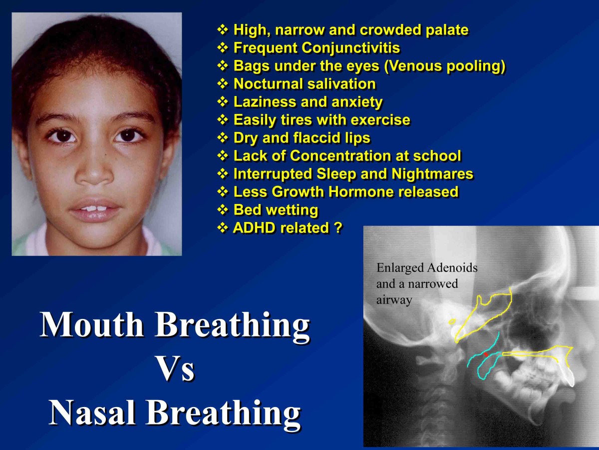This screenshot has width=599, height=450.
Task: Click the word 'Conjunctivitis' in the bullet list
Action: [351, 48]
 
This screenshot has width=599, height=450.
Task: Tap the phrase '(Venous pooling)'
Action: [445, 66]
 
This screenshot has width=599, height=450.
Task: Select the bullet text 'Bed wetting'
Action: [276, 210]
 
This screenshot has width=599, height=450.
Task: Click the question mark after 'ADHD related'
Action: [338, 227]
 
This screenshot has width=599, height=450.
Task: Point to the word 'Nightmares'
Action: [432, 174]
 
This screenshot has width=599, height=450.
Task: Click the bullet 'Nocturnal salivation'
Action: [304, 84]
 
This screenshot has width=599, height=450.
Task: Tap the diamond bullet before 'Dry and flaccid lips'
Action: [223, 137]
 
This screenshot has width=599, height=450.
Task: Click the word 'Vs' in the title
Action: [175, 369]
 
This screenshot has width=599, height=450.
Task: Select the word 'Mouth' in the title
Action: [92, 325]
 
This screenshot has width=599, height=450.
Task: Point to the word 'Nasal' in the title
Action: [92, 412]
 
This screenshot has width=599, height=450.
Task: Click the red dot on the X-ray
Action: [486, 354]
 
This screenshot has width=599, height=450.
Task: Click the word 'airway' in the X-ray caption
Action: [394, 300]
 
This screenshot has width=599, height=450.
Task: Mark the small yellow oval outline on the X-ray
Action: [452, 322]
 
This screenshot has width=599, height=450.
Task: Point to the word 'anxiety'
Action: [357, 102]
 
